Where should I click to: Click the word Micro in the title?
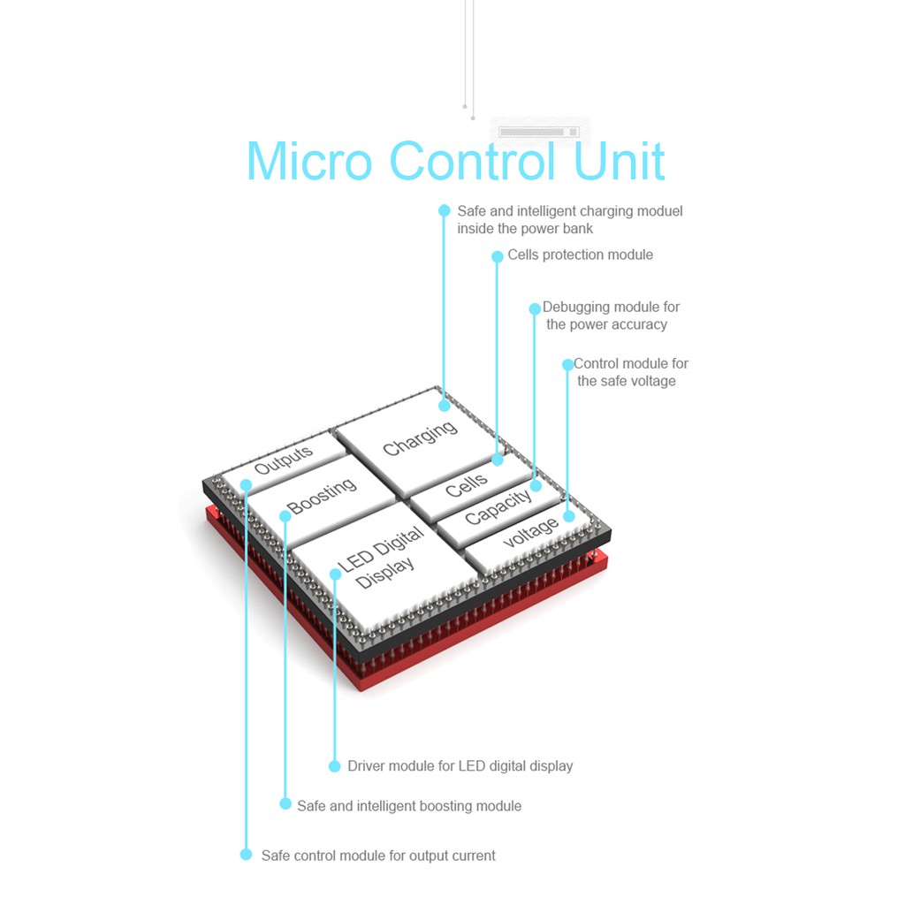309,161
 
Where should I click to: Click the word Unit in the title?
620,161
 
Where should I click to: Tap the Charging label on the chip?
420,438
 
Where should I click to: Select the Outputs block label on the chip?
284,460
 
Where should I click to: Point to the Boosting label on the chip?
322,496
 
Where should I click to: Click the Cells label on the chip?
467,485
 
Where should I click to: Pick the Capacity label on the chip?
498,506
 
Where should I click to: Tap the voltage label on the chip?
531,532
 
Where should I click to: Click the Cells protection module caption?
580,255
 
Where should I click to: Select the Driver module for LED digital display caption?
460,766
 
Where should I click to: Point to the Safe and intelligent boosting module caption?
409,806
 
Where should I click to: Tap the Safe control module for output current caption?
378,856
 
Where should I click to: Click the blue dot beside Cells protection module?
498,256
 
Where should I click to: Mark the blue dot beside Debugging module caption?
535,308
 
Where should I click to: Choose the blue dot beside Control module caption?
568,364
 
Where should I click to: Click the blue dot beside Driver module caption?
334,766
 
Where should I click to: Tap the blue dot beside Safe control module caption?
246,855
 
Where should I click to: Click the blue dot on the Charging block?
445,406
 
